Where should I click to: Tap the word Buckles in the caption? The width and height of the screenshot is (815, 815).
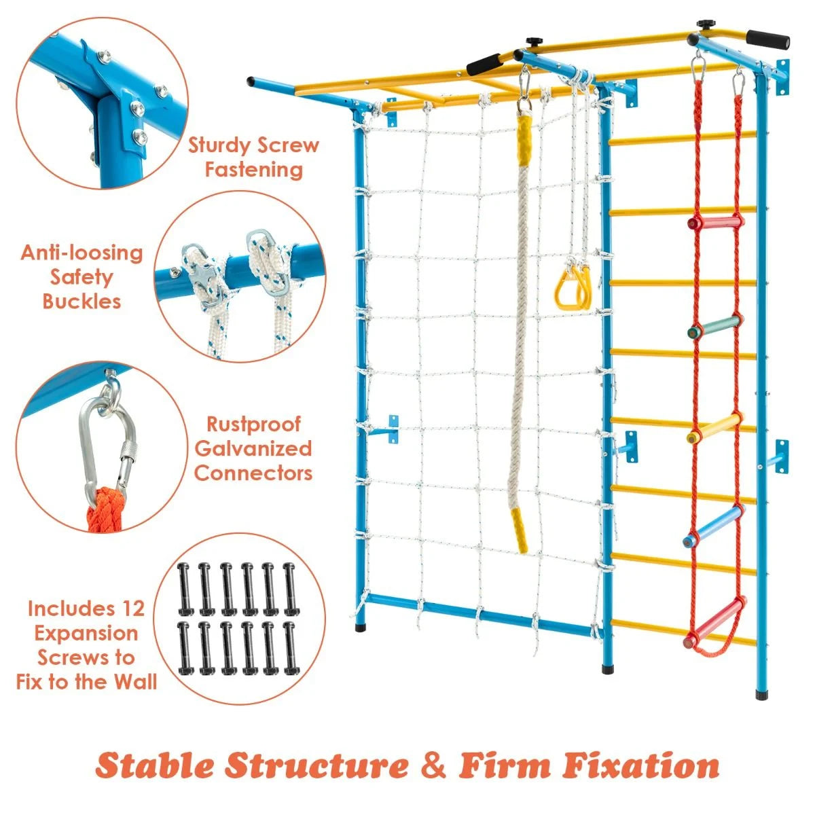81,301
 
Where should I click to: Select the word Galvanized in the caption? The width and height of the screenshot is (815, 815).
253,449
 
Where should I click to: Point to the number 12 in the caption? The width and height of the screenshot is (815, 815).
132,609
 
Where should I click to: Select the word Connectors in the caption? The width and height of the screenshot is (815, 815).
253,473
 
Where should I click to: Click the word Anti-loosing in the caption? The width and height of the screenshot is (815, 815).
81,253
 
